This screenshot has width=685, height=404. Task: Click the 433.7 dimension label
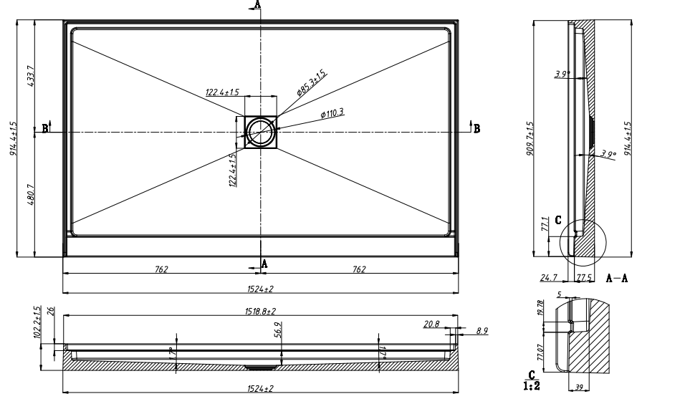pyautogui.click(x=31, y=75)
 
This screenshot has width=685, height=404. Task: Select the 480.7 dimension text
pyautogui.click(x=31, y=195)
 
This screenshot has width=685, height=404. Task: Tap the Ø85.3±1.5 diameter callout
pyautogui.click(x=312, y=85)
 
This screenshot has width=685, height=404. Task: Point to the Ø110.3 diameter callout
pyautogui.click(x=332, y=113)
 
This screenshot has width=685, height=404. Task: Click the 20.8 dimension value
pyautogui.click(x=431, y=324)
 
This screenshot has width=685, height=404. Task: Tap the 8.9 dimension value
pyautogui.click(x=482, y=331)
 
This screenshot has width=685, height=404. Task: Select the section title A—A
pyautogui.click(x=617, y=277)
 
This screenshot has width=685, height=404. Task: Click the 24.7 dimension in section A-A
pyautogui.click(x=550, y=276)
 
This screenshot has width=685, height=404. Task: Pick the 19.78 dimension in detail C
pyautogui.click(x=541, y=307)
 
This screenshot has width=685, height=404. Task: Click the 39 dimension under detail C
pyautogui.click(x=579, y=388)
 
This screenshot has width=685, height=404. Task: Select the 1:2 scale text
pyautogui.click(x=531, y=385)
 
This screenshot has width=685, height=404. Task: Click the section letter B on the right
pyautogui.click(x=476, y=128)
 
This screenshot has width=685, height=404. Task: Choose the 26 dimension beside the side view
pyautogui.click(x=49, y=310)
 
